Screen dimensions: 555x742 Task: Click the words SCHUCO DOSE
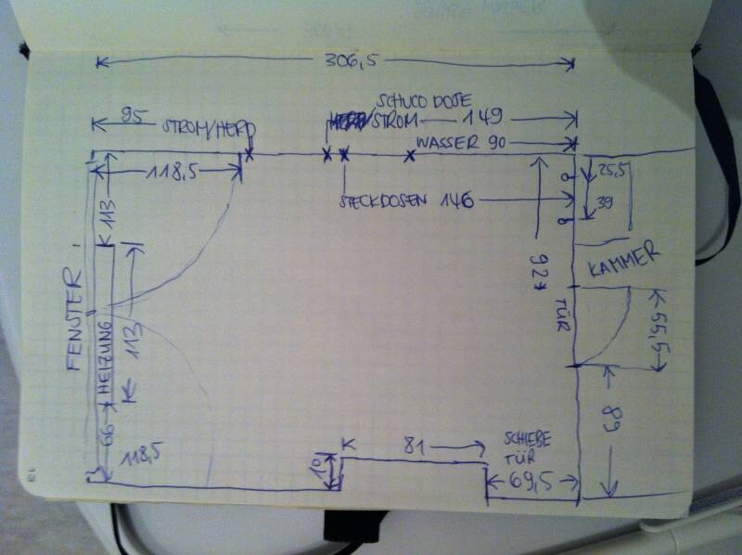click(426, 99)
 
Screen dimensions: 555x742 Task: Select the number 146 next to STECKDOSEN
click(457, 200)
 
